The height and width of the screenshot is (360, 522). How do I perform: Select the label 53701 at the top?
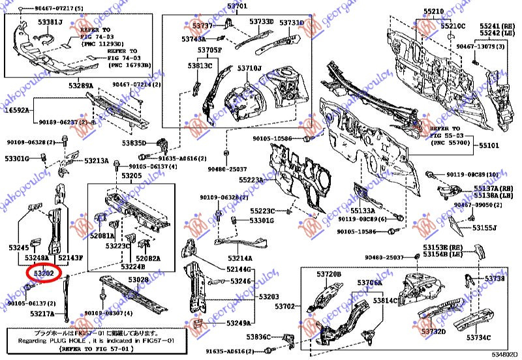[x=238, y=7]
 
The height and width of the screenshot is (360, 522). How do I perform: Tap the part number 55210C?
[x=452, y=26]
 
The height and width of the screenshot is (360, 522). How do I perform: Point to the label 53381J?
[x=50, y=23]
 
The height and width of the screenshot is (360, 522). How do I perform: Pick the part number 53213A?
[x=96, y=160]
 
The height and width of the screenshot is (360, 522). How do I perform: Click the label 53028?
[x=138, y=280]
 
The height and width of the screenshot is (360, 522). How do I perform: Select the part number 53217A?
[x=42, y=314]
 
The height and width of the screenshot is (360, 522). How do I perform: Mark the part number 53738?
[x=495, y=278]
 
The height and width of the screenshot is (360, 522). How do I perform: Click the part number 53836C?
[x=260, y=337]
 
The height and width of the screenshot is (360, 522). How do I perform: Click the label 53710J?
[x=249, y=68]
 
